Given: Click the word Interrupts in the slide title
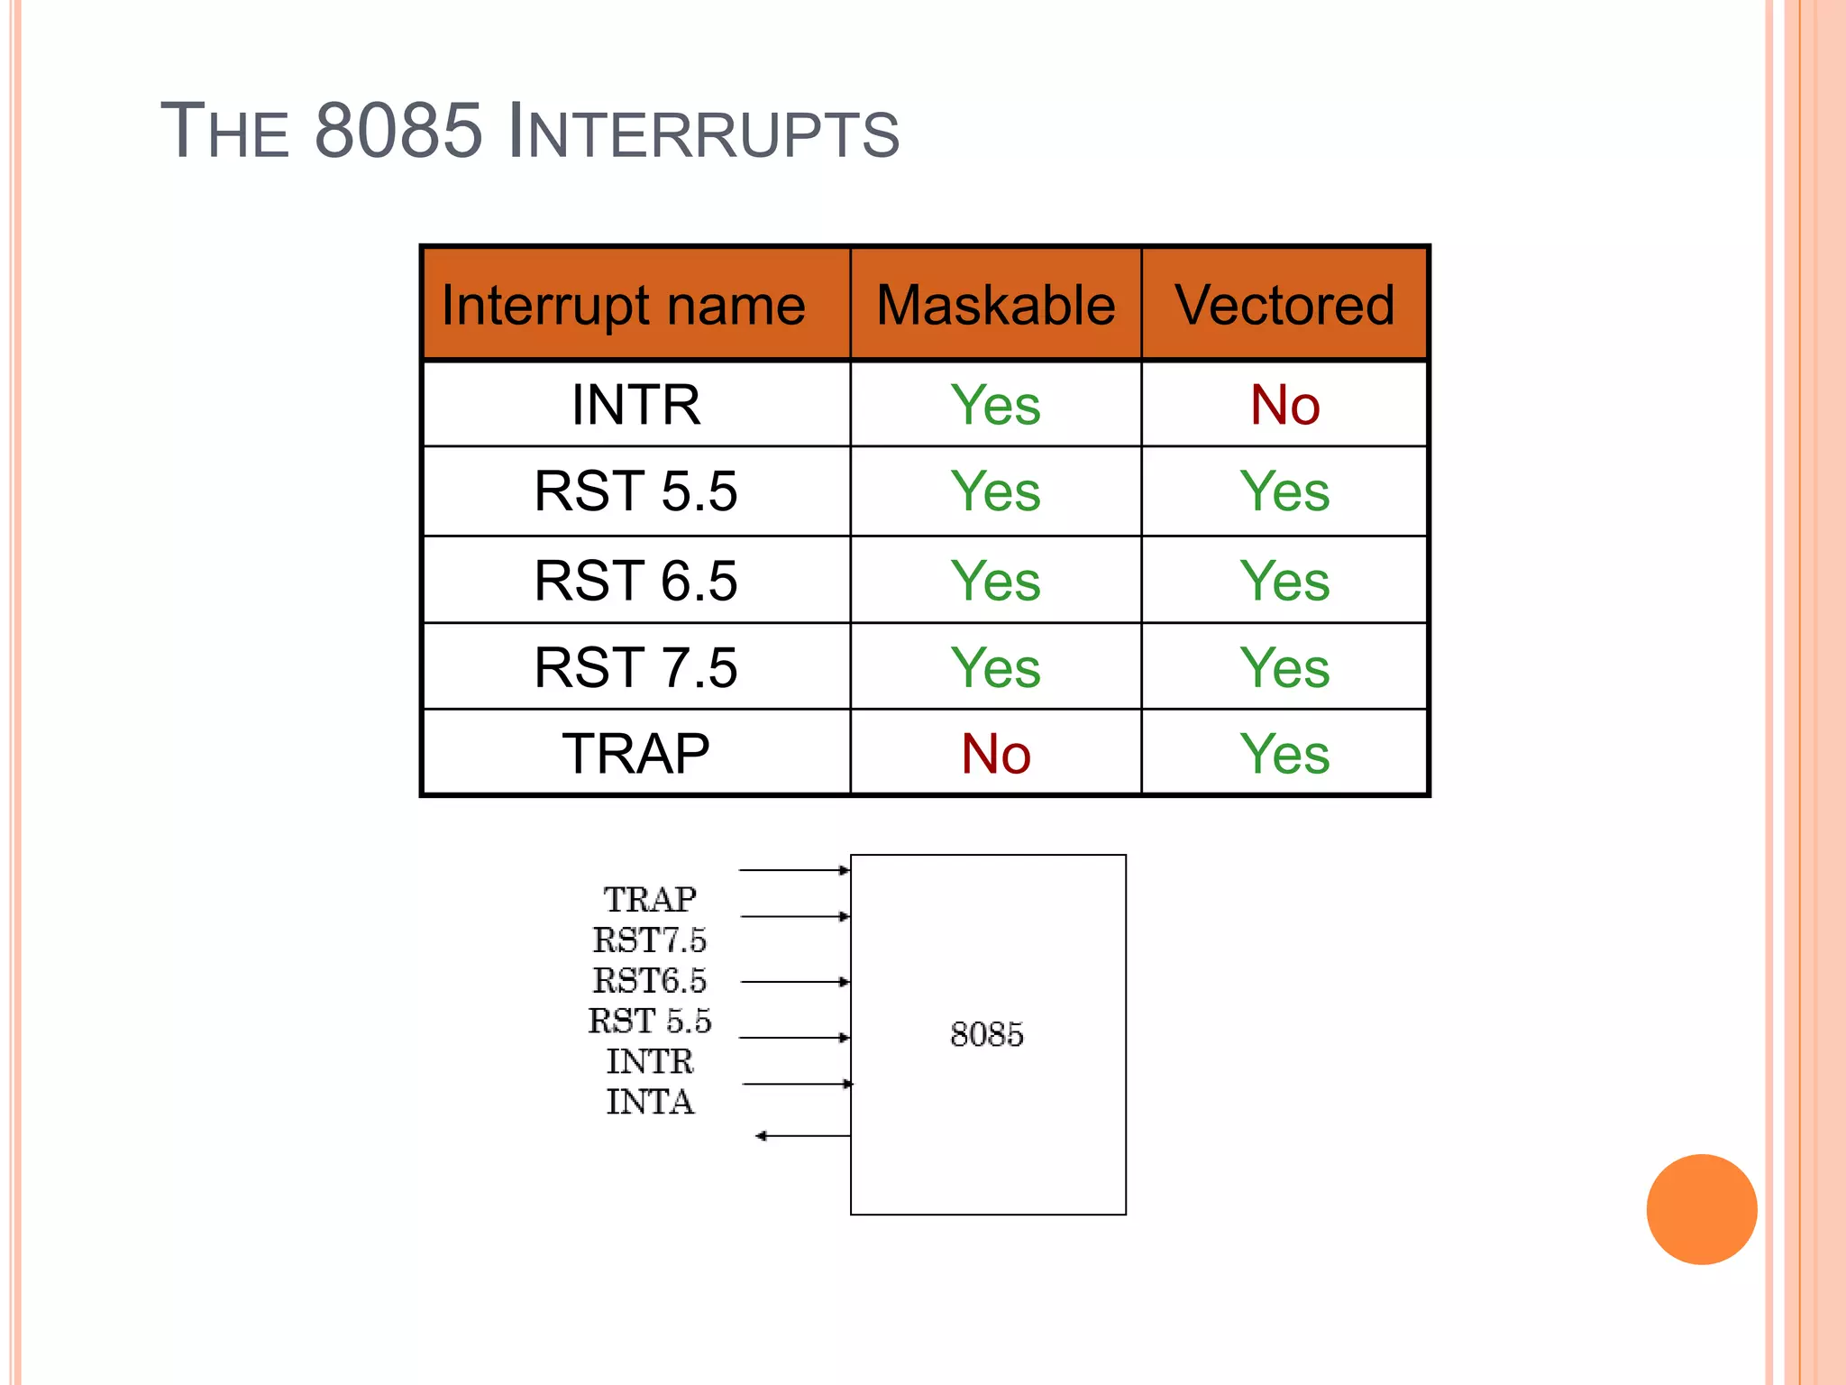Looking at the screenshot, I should (703, 132).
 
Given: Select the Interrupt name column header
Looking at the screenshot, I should (624, 305).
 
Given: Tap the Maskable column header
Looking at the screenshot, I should (996, 305).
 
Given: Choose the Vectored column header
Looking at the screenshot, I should (1284, 305).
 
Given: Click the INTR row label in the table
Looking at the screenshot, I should (635, 404).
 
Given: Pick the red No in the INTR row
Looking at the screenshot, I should (1284, 404).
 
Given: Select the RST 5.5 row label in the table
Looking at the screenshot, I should (635, 491).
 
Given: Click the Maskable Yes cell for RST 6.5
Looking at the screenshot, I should (996, 580).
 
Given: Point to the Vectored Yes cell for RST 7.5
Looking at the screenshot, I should (1284, 667).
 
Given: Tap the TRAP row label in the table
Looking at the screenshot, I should (635, 754).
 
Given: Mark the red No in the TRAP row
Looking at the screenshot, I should (996, 754).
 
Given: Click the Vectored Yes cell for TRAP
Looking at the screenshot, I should (1284, 754).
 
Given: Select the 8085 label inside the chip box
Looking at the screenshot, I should (987, 1034).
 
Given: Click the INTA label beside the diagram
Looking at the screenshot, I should (650, 1102).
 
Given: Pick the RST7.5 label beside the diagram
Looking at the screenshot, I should (650, 940).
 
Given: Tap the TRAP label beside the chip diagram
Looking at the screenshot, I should (650, 900).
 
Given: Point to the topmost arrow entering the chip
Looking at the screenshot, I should (793, 870).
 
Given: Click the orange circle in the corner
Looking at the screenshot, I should (1701, 1209).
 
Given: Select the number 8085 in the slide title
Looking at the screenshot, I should (399, 132).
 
